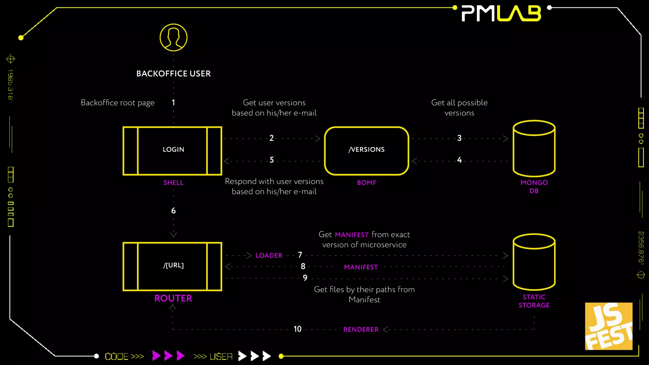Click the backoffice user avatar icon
pyautogui.click(x=173, y=37)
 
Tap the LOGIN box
pyautogui.click(x=172, y=150)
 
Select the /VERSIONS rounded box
pyautogui.click(x=367, y=150)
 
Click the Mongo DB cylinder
pyautogui.click(x=534, y=148)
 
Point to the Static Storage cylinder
pyautogui.click(x=534, y=262)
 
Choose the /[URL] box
pyautogui.click(x=172, y=266)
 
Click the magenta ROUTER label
pyautogui.click(x=173, y=298)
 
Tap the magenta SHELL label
pyautogui.click(x=173, y=183)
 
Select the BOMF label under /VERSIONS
pyautogui.click(x=367, y=183)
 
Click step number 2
pyautogui.click(x=272, y=138)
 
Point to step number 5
pyautogui.click(x=272, y=160)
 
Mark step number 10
pyautogui.click(x=298, y=329)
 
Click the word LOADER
pyautogui.click(x=269, y=255)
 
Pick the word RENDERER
pyautogui.click(x=361, y=330)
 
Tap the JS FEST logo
pyautogui.click(x=608, y=326)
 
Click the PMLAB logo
pyautogui.click(x=501, y=14)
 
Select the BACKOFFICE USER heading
pyautogui.click(x=173, y=74)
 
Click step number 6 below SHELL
pyautogui.click(x=173, y=211)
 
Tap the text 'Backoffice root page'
pyautogui.click(x=118, y=103)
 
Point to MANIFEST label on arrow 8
pyautogui.click(x=361, y=267)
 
